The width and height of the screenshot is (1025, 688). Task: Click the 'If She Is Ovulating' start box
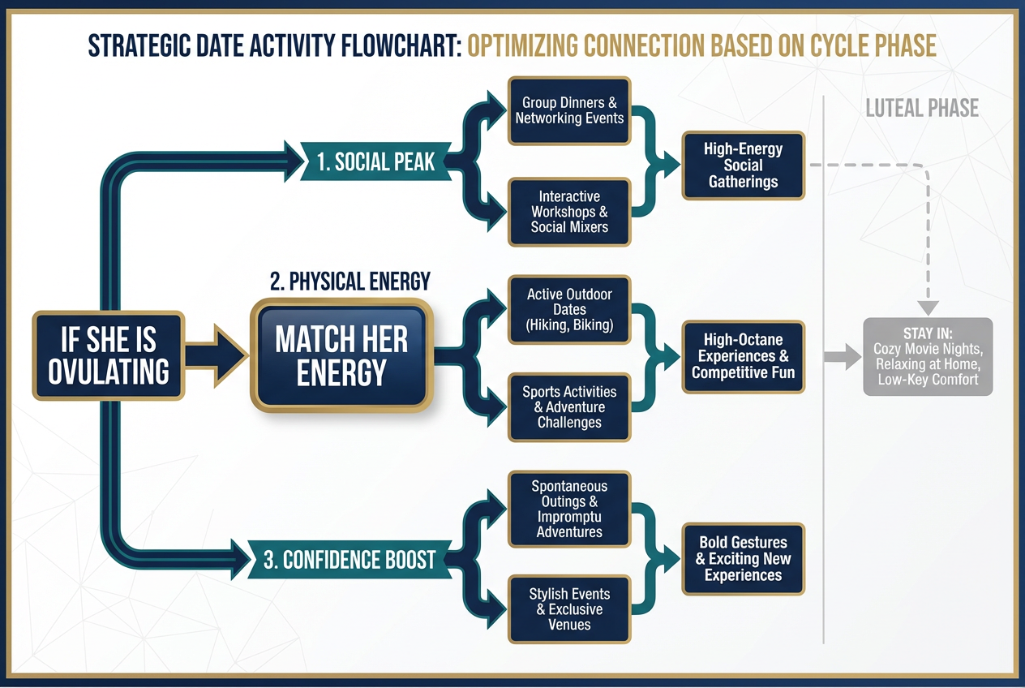[109, 356]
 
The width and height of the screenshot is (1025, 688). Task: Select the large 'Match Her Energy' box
[341, 356]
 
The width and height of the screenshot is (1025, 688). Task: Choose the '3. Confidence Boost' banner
[349, 560]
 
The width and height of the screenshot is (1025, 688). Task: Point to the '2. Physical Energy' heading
[350, 282]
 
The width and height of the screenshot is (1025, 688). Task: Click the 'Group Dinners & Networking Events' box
[569, 111]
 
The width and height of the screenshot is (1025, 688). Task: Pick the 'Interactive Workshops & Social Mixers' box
[569, 212]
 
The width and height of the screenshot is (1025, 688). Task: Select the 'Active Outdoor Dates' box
[569, 310]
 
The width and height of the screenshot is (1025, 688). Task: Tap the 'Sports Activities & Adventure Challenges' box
[569, 407]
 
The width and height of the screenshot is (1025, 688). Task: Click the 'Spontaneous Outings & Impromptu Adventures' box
[569, 509]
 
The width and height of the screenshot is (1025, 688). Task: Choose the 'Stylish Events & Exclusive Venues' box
[569, 609]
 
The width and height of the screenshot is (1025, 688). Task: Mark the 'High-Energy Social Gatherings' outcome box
[743, 166]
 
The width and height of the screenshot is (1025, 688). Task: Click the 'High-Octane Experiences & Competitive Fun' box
[743, 357]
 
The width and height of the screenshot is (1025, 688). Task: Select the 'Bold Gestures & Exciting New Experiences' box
[743, 559]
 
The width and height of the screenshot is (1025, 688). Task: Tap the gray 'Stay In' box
[928, 357]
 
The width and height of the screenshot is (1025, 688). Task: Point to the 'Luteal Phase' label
[922, 108]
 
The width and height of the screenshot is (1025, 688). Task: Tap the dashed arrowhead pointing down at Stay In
[928, 307]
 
